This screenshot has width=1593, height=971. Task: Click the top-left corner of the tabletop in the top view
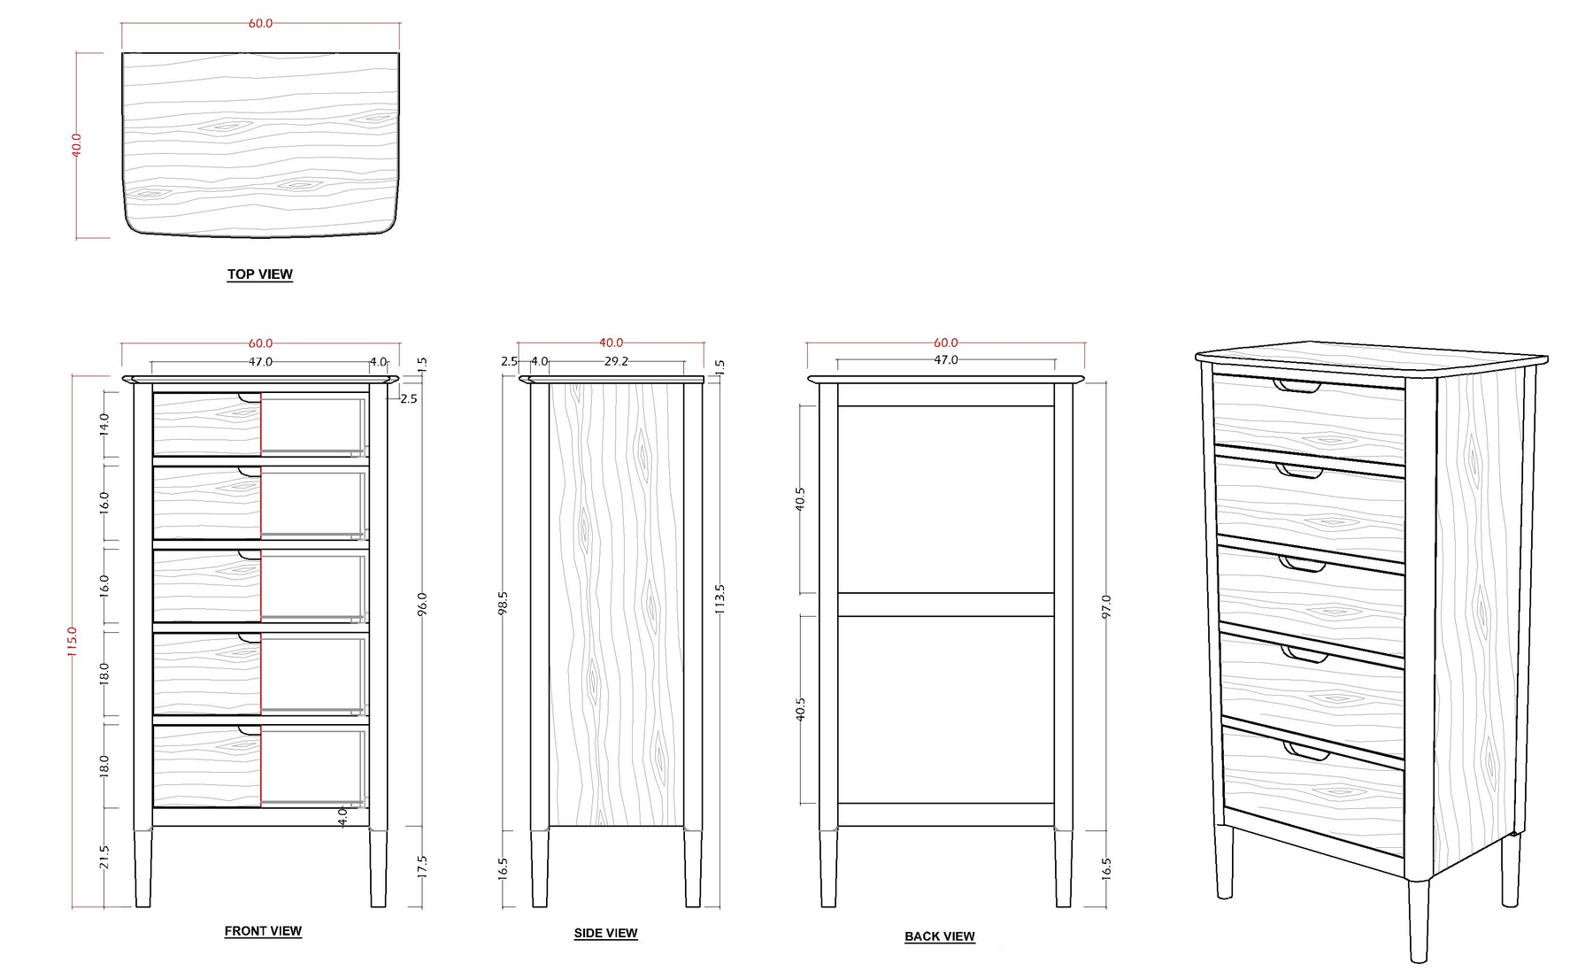[x=122, y=53]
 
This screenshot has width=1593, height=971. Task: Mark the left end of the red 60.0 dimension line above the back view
[x=806, y=343]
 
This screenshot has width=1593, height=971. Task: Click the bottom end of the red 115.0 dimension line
[x=73, y=907]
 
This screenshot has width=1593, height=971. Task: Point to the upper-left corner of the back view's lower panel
[x=838, y=616]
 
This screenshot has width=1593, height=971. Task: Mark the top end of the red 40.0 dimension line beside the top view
[x=77, y=53]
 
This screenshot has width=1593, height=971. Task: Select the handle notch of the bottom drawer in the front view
[x=250, y=730]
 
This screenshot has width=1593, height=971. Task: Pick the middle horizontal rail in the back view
[x=946, y=605]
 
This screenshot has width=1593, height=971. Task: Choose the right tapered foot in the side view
[x=693, y=868]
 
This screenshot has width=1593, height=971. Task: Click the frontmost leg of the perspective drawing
[x=1418, y=921]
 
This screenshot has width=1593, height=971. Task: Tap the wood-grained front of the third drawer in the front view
[x=207, y=586]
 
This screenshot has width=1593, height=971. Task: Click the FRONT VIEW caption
[x=263, y=931]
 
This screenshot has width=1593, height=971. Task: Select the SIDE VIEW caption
[x=605, y=933]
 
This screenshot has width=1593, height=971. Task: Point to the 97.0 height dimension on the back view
[x=1105, y=606]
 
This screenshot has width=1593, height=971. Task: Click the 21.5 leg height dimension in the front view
[x=104, y=858]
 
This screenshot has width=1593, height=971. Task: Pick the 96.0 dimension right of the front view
[x=422, y=604]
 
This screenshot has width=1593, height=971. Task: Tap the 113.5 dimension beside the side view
[x=720, y=599]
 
